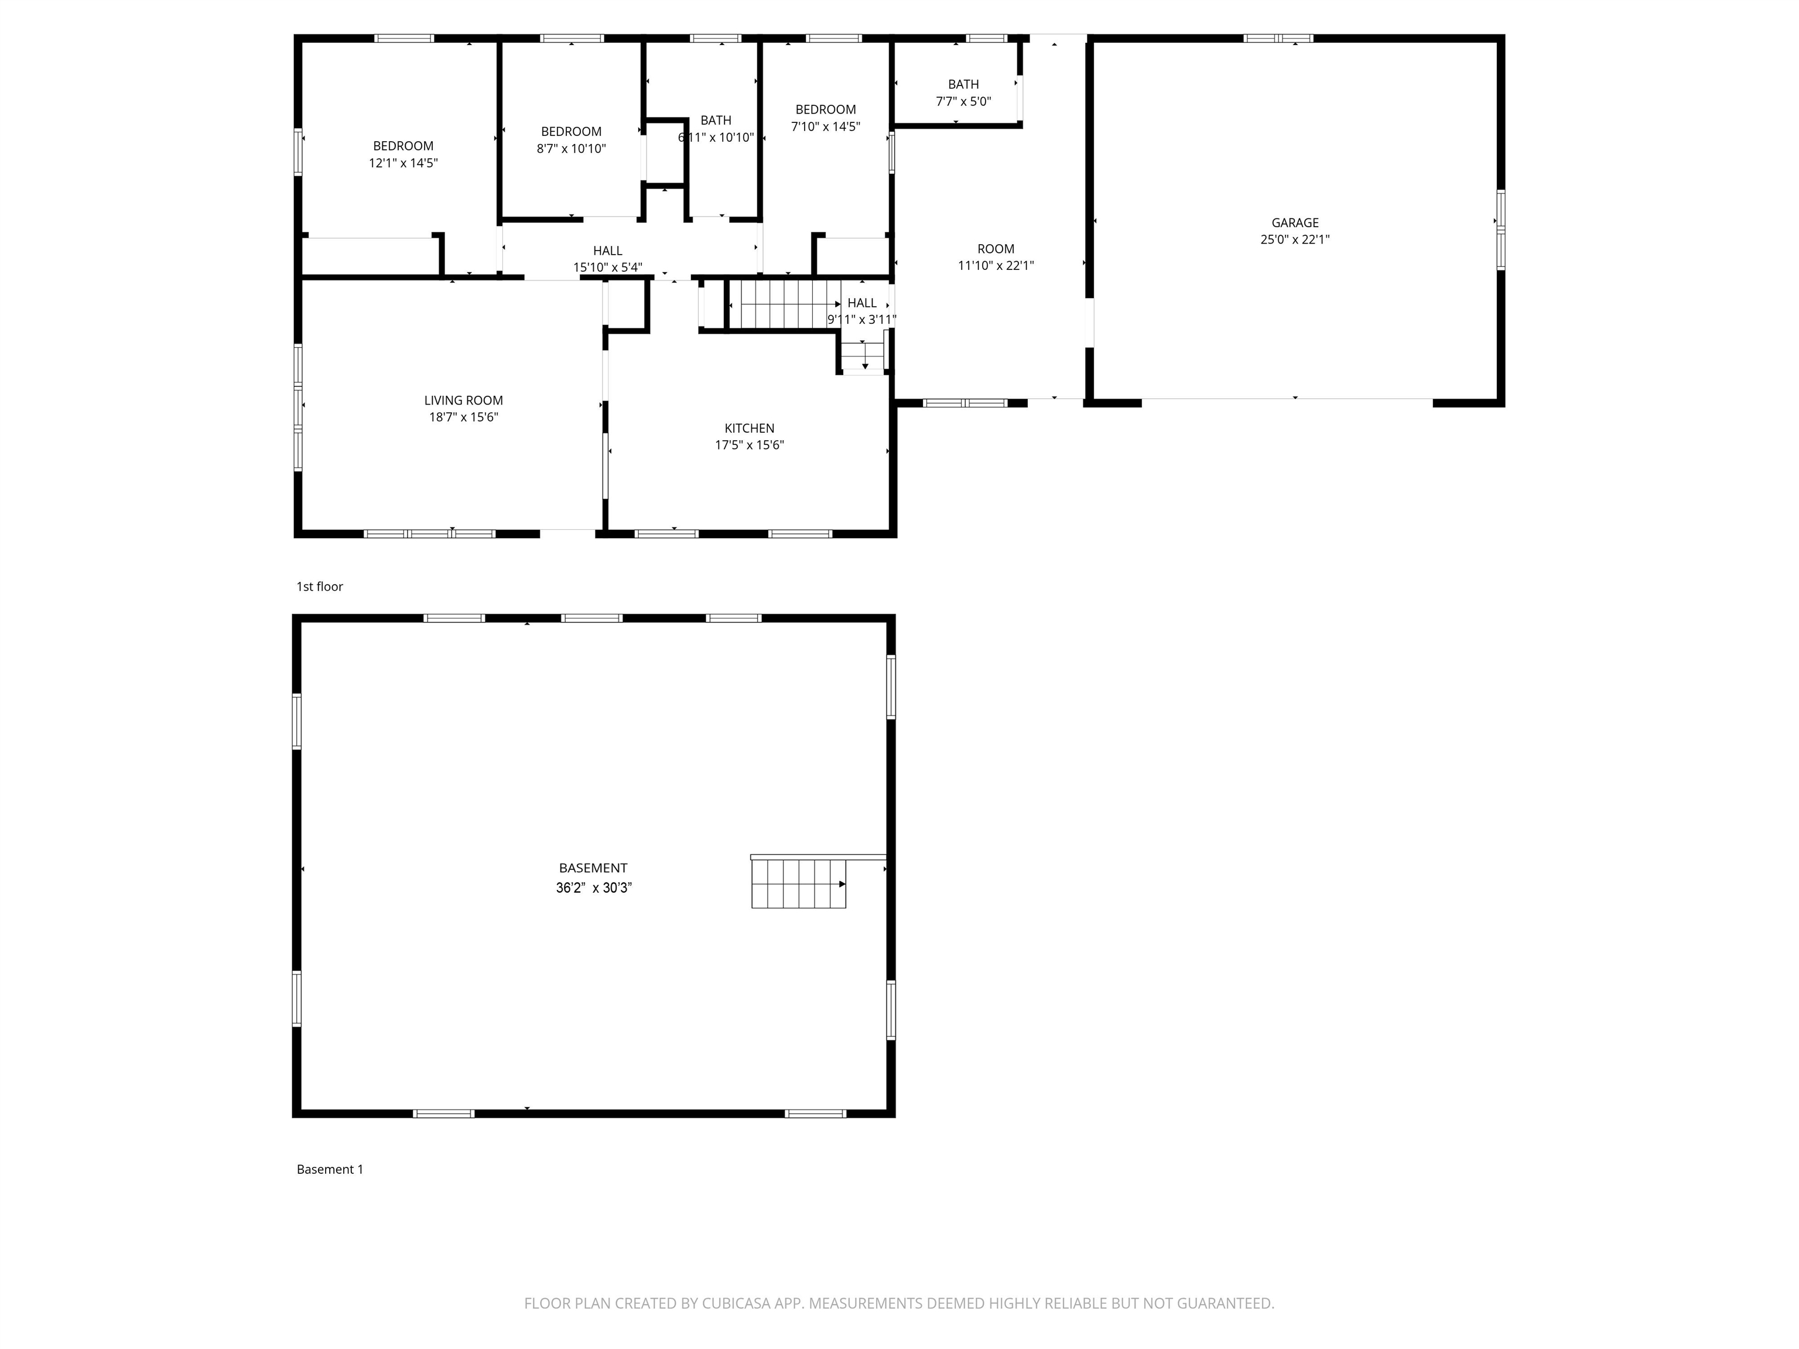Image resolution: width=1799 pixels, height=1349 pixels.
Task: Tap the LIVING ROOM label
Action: click(464, 400)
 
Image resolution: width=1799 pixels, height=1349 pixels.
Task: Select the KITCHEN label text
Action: click(749, 428)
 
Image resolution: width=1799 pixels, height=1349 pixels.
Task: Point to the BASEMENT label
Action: click(593, 868)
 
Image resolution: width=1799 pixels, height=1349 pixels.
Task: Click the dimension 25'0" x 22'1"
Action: click(1295, 239)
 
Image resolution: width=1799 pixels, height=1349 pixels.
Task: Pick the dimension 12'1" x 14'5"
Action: click(403, 163)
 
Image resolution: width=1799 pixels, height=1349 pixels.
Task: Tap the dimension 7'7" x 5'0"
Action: click(964, 102)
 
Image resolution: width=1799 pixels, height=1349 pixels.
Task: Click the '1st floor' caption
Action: click(320, 586)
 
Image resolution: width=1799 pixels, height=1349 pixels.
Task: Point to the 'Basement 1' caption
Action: click(330, 1169)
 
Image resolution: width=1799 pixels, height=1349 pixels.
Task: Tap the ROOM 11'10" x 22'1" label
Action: click(996, 257)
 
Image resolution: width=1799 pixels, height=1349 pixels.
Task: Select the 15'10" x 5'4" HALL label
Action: click(607, 259)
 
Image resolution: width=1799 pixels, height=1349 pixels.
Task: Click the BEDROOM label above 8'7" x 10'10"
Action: click(572, 132)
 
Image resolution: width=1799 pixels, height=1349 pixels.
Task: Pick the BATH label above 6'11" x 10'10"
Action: click(716, 121)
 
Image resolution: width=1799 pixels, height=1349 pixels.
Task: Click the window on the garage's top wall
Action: click(1278, 38)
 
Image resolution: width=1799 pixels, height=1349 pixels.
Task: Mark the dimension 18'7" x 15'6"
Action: click(464, 417)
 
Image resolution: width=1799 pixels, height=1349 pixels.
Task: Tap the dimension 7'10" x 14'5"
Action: click(826, 126)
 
